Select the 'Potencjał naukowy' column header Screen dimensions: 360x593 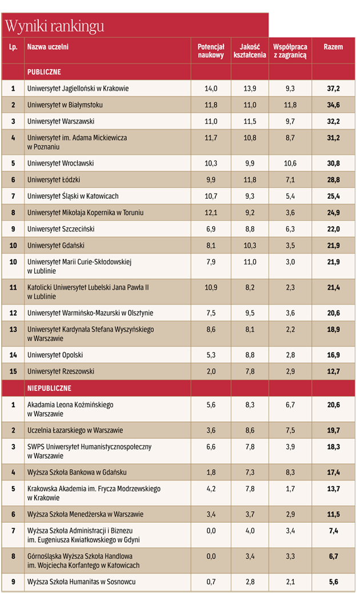tap(211, 51)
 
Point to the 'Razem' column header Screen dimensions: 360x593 tap(334, 47)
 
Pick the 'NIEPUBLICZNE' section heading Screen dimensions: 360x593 tap(50, 388)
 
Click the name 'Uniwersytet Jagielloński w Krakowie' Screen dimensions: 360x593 tap(78, 89)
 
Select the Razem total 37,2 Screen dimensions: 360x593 tap(334, 89)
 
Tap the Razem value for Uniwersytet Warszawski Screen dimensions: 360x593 tap(334, 121)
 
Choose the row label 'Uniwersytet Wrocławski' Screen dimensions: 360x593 tap(61, 163)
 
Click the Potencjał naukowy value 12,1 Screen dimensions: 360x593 tap(211, 213)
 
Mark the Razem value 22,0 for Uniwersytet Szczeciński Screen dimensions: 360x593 tap(334, 229)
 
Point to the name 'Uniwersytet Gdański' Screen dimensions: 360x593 tap(56, 246)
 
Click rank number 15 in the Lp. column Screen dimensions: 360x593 tap(13, 371)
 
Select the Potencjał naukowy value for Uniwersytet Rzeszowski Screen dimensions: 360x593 tap(211, 371)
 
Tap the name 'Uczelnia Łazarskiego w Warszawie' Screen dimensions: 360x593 tap(75, 430)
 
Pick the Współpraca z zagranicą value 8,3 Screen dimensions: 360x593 tap(290, 472)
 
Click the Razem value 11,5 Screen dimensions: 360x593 tap(334, 514)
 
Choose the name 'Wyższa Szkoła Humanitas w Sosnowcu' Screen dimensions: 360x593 tap(81, 582)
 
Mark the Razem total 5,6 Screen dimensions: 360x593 tap(334, 582)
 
